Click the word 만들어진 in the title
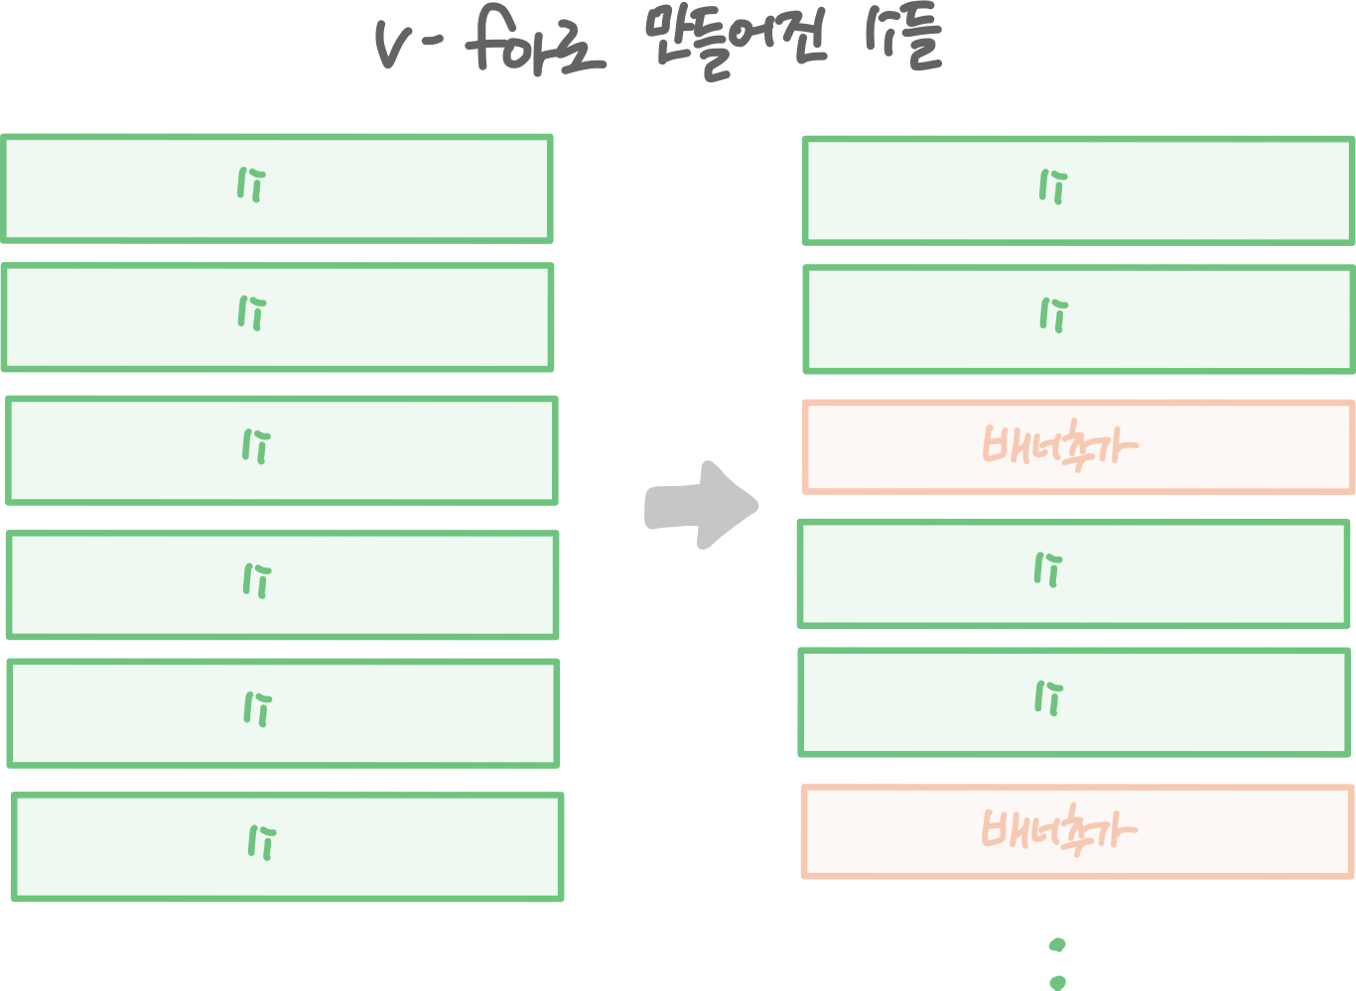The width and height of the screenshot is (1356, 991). (x=730, y=49)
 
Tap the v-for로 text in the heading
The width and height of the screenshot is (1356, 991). (x=490, y=49)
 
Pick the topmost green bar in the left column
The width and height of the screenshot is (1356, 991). (x=276, y=188)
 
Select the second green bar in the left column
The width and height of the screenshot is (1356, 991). (x=277, y=317)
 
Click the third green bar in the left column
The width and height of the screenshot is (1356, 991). (x=281, y=450)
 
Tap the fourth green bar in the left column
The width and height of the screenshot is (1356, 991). (x=282, y=584)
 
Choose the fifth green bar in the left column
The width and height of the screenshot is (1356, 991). (x=283, y=712)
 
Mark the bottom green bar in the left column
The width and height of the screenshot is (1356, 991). (x=287, y=846)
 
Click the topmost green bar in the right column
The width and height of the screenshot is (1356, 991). (x=1078, y=190)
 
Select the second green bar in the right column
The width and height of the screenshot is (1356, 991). (x=1078, y=318)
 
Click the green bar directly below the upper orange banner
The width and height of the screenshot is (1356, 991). (x=1073, y=573)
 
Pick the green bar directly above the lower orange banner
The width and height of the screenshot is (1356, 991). (x=1074, y=702)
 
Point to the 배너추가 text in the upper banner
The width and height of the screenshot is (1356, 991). (x=1057, y=447)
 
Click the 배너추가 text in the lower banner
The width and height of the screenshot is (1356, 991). (x=1057, y=830)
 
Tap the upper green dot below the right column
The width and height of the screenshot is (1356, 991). (x=1057, y=944)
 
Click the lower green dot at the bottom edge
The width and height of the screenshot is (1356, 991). (x=1057, y=982)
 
